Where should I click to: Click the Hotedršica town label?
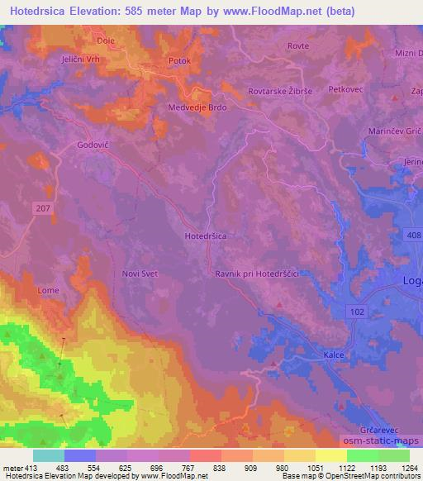coord(205,236)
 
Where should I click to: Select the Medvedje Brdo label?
coord(197,107)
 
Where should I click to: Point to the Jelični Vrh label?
coord(56,60)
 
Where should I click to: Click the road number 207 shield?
coord(44,208)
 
